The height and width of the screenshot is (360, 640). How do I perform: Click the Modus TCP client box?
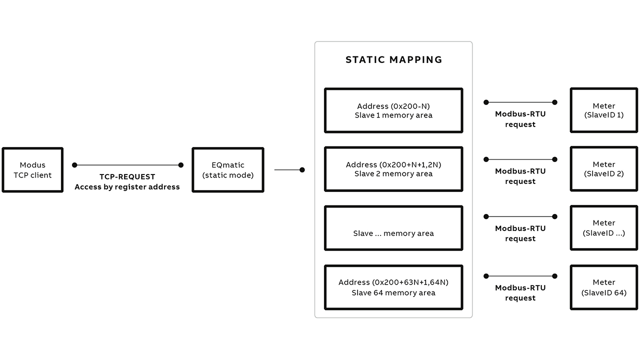[32, 170]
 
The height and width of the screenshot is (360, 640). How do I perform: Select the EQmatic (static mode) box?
[228, 170]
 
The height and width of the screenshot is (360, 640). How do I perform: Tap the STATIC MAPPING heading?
[393, 59]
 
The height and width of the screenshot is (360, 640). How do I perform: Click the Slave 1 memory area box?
[393, 110]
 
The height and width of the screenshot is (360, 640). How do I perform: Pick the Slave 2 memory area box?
[393, 169]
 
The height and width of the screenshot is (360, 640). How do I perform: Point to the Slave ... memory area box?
[393, 228]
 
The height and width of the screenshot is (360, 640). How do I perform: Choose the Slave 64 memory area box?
[393, 287]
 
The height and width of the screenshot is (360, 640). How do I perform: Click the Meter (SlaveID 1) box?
[603, 110]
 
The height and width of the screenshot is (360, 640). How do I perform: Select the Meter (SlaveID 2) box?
[603, 169]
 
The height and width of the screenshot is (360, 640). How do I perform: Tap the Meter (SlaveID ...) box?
[603, 228]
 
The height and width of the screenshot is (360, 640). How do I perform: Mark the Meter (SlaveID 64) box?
[603, 287]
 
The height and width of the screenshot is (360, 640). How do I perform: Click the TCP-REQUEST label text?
[127, 177]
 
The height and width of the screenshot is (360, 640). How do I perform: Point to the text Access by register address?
[127, 187]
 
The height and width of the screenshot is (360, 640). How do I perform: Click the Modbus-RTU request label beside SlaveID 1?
[520, 119]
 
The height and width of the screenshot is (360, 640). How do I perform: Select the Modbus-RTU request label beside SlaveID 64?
[520, 293]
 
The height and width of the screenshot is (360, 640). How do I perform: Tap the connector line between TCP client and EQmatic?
[127, 165]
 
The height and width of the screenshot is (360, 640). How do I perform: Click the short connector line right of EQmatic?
[288, 170]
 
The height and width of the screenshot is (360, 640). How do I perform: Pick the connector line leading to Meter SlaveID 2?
[520, 159]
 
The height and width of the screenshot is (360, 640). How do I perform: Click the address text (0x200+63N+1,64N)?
[393, 282]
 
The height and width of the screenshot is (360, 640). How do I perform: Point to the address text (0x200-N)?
[393, 106]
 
